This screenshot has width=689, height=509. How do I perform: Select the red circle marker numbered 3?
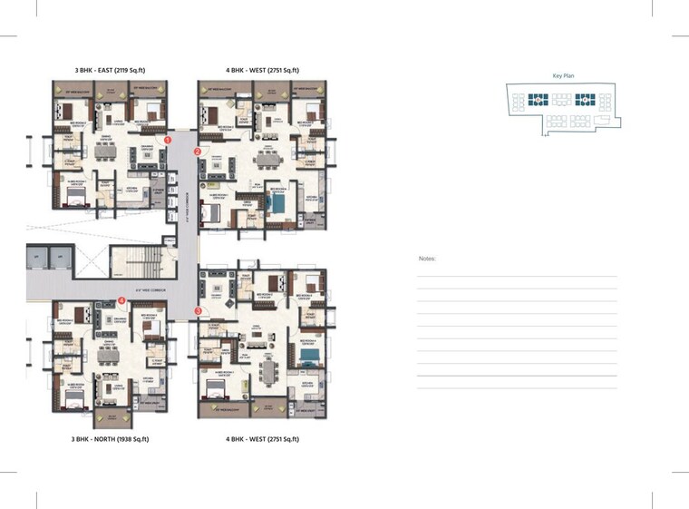pos(198,311)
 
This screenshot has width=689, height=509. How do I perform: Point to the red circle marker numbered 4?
pos(121,300)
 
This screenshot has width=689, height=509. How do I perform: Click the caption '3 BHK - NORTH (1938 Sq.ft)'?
pos(110,439)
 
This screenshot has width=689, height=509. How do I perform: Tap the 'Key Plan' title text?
pos(565,76)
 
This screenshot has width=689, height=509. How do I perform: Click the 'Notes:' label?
pos(427,259)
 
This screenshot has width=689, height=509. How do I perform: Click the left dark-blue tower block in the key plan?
pos(540,101)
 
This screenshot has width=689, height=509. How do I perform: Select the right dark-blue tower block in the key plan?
pos(585,101)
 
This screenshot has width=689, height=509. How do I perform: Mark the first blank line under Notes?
pos(517,276)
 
